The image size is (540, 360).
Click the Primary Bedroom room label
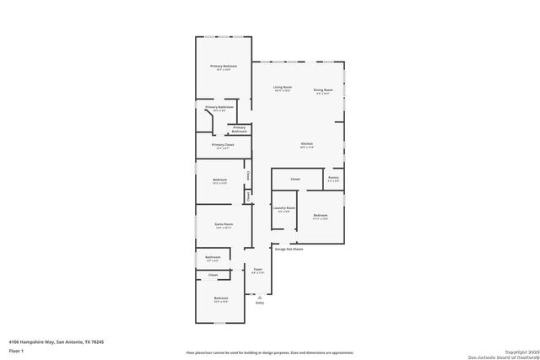(224, 66)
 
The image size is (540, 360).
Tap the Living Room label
(282, 88)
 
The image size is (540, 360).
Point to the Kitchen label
(307, 144)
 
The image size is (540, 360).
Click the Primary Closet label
(223, 145)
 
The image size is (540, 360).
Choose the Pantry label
(333, 178)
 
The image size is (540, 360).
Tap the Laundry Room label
(284, 207)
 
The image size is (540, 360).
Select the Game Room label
(224, 224)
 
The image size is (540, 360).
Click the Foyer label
(258, 270)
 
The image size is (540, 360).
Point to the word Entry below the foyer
(259, 303)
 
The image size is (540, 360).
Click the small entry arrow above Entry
(259, 296)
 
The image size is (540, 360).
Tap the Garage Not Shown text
(288, 249)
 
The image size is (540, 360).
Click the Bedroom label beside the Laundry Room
(321, 215)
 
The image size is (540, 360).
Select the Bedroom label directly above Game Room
(219, 180)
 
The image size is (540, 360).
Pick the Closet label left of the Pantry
(295, 180)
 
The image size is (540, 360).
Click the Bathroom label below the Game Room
(213, 257)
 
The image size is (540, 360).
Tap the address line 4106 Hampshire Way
(57, 341)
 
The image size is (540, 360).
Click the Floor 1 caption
(16, 350)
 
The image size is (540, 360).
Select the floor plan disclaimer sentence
(270, 352)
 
